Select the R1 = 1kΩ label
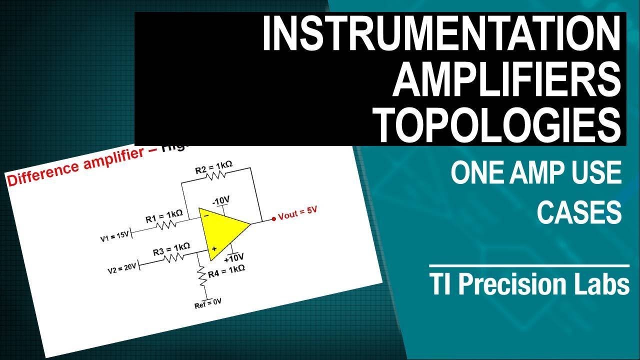(x=164, y=216)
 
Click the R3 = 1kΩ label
(x=171, y=248)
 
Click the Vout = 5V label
(x=298, y=213)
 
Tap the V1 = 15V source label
(x=115, y=235)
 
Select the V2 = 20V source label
(x=122, y=267)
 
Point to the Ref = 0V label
(x=207, y=303)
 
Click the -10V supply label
(x=220, y=201)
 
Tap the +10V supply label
(x=234, y=258)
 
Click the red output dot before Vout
(x=273, y=218)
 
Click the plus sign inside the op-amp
(x=213, y=248)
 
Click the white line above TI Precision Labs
(x=529, y=265)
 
